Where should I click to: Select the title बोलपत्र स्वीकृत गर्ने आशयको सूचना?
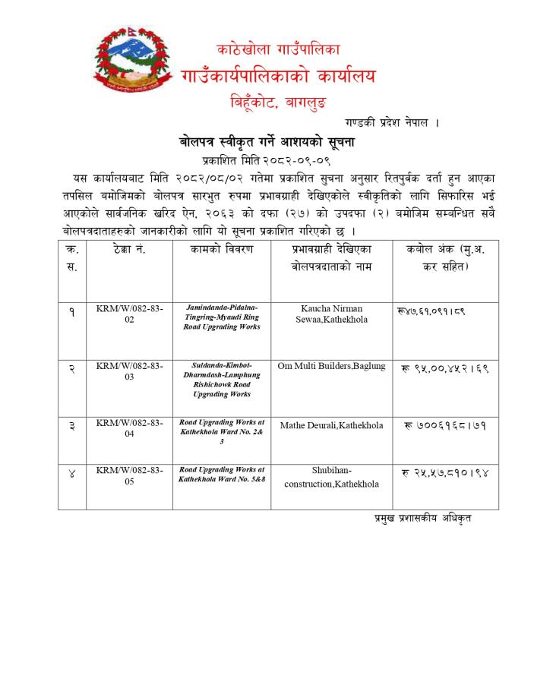pos(267,142)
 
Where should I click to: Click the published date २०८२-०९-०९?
pos(297,160)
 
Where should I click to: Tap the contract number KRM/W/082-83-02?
pos(129,314)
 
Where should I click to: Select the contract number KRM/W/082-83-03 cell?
pos(129,371)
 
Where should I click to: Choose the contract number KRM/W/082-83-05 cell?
pos(129,476)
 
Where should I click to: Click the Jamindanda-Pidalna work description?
pos(222,317)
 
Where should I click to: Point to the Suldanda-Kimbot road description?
pos(222,380)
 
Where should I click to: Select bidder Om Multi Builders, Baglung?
pos(331,367)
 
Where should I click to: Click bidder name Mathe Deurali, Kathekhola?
pos(331,425)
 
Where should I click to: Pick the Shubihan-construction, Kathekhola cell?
pos(331,477)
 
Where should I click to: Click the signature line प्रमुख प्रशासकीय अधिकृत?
pos(422,519)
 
